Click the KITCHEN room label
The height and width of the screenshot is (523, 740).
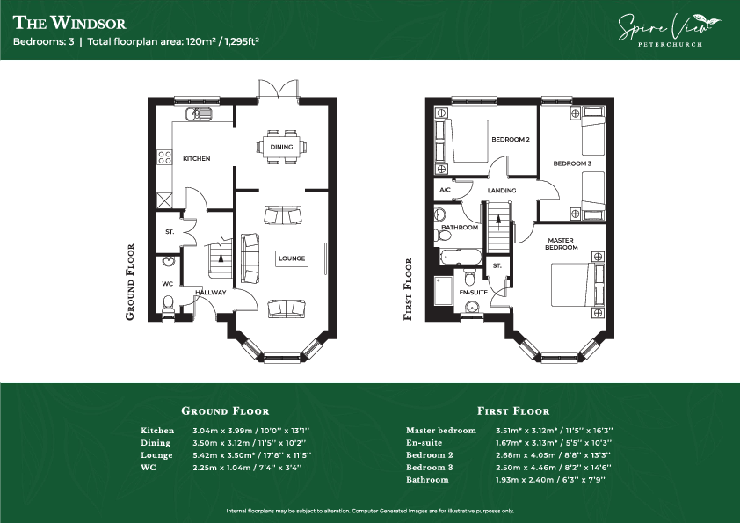coord(196,158)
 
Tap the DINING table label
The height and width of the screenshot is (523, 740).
coord(282,148)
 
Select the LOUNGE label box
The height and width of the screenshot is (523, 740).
coord(292,258)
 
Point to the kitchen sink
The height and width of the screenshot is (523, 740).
coord(199,113)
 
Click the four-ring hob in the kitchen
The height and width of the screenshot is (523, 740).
coord(164,157)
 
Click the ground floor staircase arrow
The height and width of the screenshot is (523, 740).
coord(221,260)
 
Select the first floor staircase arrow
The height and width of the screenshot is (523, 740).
coord(498,222)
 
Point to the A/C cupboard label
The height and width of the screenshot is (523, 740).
coord(445,190)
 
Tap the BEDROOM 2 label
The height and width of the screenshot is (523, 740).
coord(510,139)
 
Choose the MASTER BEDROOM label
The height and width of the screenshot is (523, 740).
coord(561,243)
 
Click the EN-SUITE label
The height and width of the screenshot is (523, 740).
coord(474,292)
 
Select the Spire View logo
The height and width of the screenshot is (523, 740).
coord(670,30)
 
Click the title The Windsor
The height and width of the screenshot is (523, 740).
coord(69,23)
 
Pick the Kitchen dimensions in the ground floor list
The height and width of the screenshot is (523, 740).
coord(251,431)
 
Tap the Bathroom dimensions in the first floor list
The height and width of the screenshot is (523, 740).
coord(550,480)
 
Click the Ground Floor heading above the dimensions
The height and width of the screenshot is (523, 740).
coord(225,411)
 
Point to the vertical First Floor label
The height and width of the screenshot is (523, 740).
coord(408,289)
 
